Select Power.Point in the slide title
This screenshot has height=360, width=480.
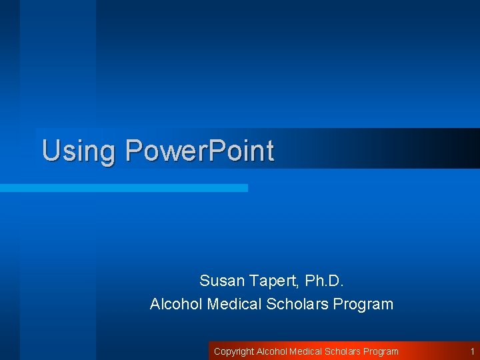199,151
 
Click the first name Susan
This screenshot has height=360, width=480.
223,280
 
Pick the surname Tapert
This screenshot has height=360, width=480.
273,280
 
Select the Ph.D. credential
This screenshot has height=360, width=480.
323,280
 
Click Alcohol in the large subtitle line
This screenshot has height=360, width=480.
176,305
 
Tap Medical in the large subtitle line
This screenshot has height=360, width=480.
234,305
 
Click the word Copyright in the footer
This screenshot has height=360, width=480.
233,351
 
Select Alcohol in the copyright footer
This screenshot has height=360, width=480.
271,351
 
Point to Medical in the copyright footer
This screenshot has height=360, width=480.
306,351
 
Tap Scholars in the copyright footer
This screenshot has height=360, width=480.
343,351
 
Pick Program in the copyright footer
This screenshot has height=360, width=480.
381,351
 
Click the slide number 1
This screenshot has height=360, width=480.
472,351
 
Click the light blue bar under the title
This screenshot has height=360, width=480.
124,188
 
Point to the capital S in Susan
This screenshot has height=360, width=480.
205,280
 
